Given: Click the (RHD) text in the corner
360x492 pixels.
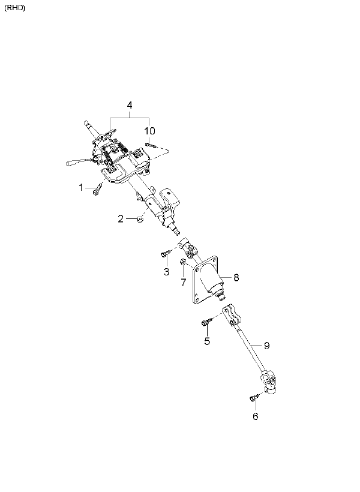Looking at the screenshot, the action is click(15, 8).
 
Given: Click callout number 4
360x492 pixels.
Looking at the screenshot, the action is click(130, 105).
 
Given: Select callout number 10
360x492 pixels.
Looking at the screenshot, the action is click(150, 131).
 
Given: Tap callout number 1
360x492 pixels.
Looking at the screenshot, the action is click(81, 187).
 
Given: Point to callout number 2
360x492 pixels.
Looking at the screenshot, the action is click(121, 219).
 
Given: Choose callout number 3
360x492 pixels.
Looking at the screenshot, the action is click(166, 271).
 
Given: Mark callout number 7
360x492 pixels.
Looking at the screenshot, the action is click(183, 282).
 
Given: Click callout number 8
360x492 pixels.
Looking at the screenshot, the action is click(236, 277).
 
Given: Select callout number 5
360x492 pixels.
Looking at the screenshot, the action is click(207, 341).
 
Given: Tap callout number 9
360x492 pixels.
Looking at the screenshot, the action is click(266, 346).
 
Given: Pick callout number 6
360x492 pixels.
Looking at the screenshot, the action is click(256, 416).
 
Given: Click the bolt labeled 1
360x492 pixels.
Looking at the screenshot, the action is click(97, 190).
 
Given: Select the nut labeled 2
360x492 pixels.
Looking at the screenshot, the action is click(140, 219).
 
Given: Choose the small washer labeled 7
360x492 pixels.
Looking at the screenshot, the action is click(182, 262).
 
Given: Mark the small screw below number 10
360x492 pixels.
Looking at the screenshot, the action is click(151, 145).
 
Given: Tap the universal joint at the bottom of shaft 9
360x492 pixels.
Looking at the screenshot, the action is click(269, 382).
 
